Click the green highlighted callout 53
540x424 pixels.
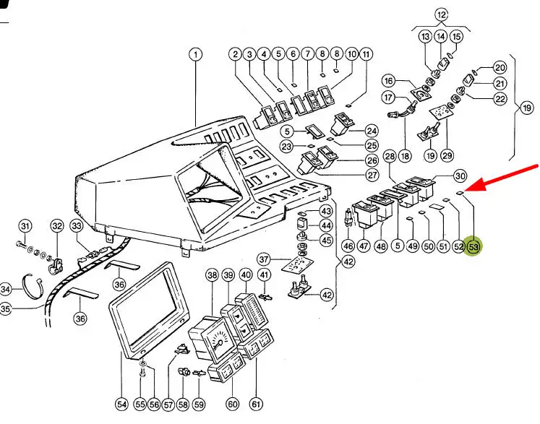474,247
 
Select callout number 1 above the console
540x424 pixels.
196,55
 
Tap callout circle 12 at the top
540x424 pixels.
441,14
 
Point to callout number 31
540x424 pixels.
25,227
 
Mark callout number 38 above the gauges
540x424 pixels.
212,275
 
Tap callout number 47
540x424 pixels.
362,247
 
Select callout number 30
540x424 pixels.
460,177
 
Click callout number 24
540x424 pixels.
371,131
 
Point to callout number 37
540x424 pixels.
265,259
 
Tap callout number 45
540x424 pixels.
326,240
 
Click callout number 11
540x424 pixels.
367,55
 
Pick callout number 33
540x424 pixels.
77,227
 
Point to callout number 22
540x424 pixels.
500,99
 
